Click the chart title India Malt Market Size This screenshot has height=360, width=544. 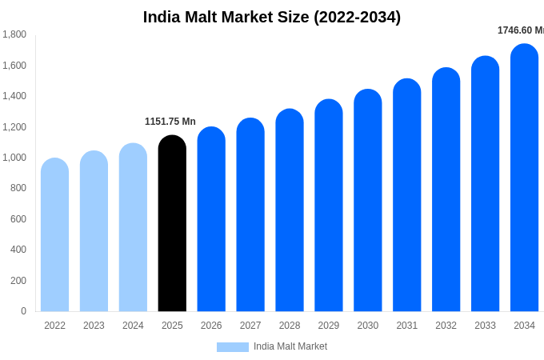272,17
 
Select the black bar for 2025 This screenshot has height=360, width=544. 172,224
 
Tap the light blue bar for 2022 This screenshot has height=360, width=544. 54,235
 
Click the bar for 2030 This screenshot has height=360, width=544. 368,201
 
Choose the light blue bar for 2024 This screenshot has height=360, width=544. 133,228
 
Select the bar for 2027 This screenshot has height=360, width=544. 250,215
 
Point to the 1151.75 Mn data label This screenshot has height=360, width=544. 170,122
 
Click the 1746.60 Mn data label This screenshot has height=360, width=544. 520,30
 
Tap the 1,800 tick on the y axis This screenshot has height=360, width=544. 14,34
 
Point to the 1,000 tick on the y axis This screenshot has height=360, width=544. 14,158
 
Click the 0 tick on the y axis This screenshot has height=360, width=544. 23,311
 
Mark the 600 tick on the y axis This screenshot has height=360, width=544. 18,219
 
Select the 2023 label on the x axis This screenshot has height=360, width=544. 94,326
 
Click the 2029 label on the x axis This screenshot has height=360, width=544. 329,326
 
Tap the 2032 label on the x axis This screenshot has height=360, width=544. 446,326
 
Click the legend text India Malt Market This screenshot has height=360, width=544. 290,346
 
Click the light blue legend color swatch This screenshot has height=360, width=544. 232,347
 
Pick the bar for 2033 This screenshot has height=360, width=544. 485,184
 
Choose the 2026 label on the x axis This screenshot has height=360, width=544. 211,326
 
